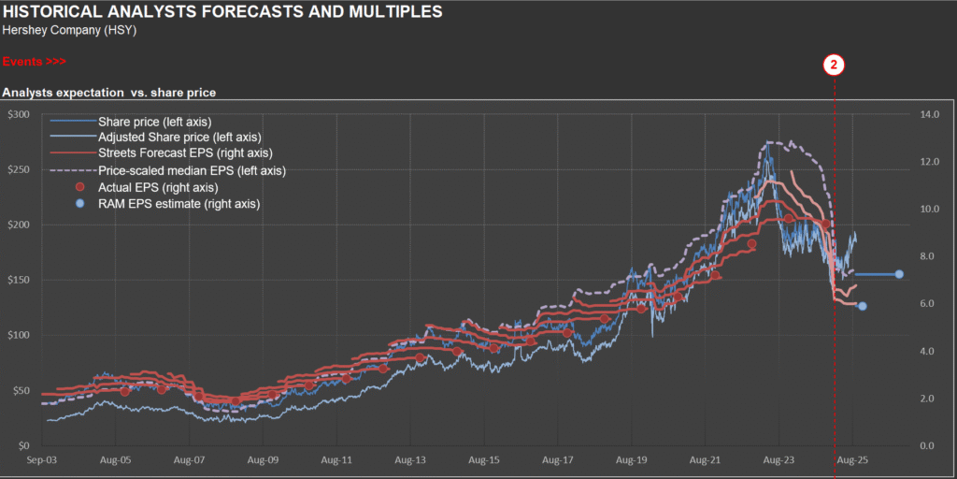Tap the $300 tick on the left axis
click(19, 114)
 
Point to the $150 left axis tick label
click(19, 280)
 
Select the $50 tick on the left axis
click(21, 390)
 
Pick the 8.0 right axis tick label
click(928, 256)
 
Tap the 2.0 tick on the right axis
click(928, 399)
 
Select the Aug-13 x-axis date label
click(409, 460)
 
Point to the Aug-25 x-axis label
click(850, 460)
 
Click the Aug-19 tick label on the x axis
click(630, 460)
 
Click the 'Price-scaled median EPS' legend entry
click(192, 170)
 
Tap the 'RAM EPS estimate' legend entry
click(179, 203)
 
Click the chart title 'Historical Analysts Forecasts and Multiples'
click(222, 12)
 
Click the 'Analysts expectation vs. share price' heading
click(109, 93)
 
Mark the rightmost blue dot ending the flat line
click(899, 274)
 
